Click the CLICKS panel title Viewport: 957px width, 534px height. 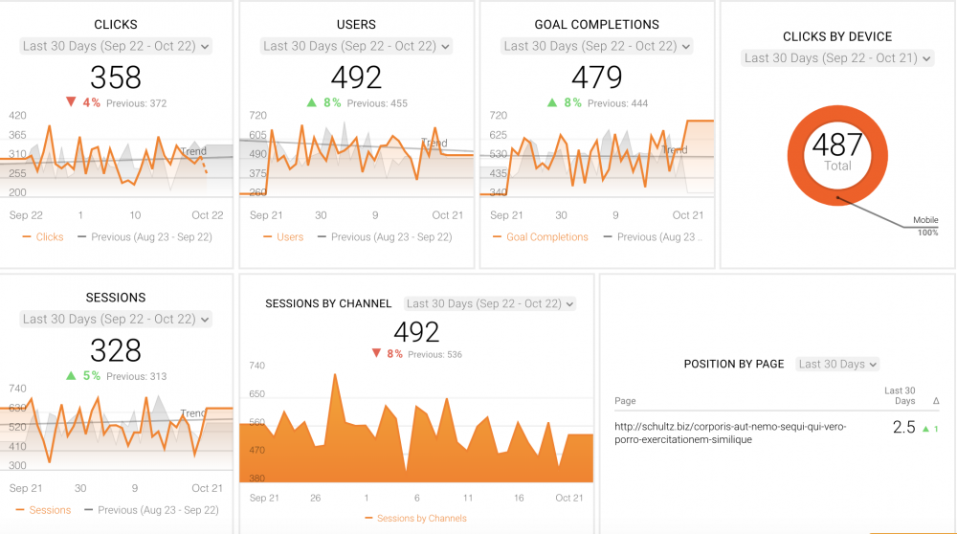[x=116, y=24]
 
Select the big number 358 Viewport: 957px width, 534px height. [x=116, y=77]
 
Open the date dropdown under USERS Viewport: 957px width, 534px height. [x=356, y=46]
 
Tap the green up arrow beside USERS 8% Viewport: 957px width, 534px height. [x=312, y=102]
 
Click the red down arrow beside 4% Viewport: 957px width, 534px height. [x=71, y=102]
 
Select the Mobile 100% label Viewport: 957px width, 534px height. [x=925, y=226]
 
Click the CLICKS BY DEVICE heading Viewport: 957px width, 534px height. [x=837, y=36]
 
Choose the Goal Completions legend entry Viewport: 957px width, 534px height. [x=546, y=237]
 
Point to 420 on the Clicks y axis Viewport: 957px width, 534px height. [x=17, y=116]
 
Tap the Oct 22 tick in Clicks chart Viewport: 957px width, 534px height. [x=207, y=215]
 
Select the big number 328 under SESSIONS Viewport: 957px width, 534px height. [x=116, y=350]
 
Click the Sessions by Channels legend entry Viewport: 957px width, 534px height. [x=421, y=519]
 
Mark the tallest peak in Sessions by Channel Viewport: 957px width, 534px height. [x=335, y=374]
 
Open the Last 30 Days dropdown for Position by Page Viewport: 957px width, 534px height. [x=837, y=364]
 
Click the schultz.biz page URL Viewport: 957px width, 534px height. [x=730, y=433]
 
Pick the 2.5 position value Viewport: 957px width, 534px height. [x=903, y=428]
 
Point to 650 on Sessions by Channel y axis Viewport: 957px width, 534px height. [x=256, y=393]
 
